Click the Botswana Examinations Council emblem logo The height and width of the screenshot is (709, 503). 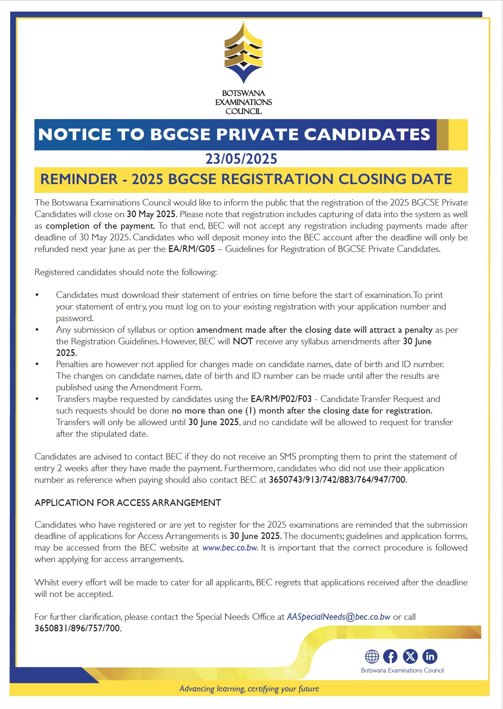point(243,53)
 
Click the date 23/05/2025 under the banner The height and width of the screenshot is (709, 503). point(241,159)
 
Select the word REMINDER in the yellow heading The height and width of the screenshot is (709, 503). point(79,179)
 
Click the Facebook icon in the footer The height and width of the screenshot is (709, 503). point(390,656)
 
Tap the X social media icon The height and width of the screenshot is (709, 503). point(410,656)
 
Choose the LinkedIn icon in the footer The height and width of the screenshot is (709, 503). point(430,656)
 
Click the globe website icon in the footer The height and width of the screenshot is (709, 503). point(372,656)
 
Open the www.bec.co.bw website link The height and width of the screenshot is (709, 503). point(230,548)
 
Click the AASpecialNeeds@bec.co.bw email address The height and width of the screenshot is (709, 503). point(339,617)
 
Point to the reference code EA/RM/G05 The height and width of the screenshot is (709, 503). point(191,249)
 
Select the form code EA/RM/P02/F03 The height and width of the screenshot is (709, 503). point(281,399)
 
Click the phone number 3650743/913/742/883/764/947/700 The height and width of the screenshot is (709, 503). point(337,480)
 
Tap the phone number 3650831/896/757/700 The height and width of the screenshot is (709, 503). point(77,628)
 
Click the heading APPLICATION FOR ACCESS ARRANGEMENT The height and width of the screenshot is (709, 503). point(128,503)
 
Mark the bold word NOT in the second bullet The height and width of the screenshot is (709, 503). point(243,341)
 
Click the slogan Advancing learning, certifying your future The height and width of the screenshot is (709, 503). point(249,689)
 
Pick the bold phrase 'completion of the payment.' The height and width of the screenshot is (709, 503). point(100,226)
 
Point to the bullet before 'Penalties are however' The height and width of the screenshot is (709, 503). point(37,364)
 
